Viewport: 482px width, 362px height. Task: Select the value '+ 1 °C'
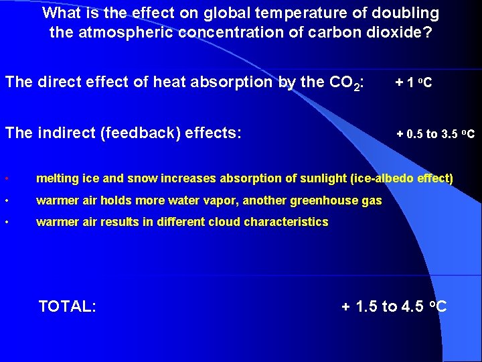(413, 83)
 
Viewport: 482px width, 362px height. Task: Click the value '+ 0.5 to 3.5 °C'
(435, 133)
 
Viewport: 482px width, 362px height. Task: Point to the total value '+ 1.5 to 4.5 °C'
(394, 307)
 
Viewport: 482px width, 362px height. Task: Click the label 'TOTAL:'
(67, 307)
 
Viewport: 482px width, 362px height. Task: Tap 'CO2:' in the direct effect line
(347, 83)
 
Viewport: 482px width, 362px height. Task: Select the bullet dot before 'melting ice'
(6, 179)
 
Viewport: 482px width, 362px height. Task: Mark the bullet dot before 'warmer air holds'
(6, 200)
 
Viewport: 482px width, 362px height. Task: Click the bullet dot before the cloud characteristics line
(6, 222)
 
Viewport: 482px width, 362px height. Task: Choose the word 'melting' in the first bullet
(56, 179)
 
